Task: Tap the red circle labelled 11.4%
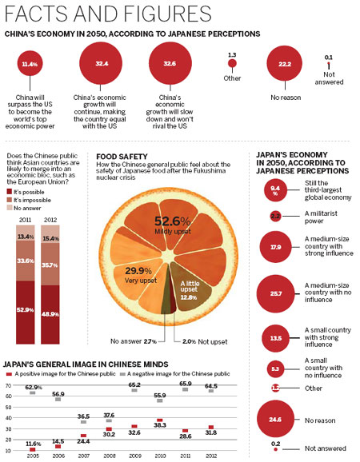[x=30, y=62]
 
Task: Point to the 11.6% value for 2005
[x=34, y=443]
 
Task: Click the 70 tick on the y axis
[x=8, y=385]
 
